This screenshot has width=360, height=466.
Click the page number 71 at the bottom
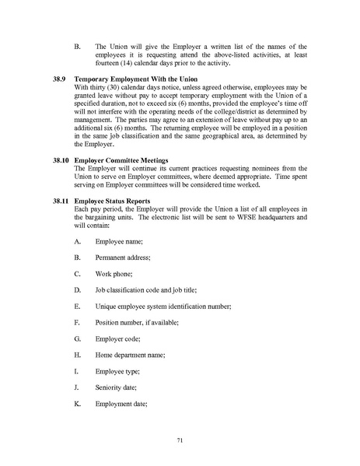pos(180,440)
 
